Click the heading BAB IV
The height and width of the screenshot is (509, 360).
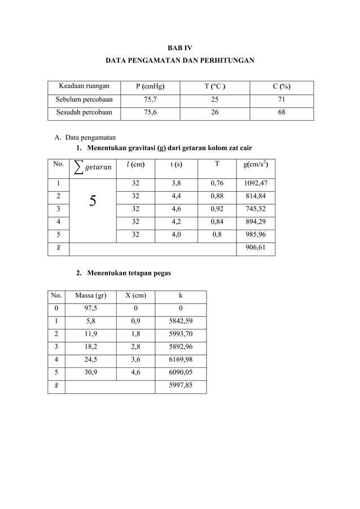point(180,48)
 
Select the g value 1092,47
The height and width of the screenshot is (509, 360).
point(255,183)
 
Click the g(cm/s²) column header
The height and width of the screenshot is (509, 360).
point(255,165)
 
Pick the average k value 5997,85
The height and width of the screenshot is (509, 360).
point(181,387)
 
